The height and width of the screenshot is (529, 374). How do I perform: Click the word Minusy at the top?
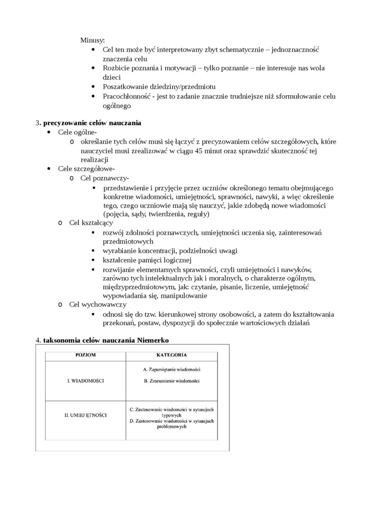point(92,40)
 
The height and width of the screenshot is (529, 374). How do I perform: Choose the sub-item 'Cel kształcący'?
point(91,223)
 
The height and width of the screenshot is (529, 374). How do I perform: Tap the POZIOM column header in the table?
point(86,355)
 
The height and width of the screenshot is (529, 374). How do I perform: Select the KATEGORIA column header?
point(171,354)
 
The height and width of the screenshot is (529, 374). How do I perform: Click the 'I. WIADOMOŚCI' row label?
point(85,381)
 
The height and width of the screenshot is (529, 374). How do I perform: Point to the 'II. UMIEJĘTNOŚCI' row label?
point(86,415)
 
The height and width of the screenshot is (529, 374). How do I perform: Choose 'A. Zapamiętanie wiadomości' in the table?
point(171,370)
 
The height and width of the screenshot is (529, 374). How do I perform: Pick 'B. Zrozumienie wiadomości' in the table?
point(171,381)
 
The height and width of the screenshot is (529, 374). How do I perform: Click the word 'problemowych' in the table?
point(171,427)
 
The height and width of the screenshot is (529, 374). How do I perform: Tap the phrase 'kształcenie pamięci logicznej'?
point(147,260)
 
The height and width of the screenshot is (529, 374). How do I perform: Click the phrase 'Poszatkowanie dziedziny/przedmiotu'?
point(159,87)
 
